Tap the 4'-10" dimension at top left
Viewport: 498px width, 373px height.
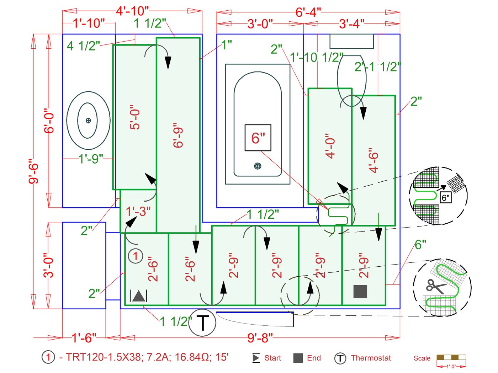click(132, 11)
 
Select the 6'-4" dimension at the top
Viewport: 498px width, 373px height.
click(308, 12)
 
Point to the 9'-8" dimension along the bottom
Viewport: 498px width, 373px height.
click(260, 338)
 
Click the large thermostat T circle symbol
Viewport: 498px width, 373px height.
click(202, 323)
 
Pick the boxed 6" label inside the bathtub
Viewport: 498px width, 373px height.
click(258, 138)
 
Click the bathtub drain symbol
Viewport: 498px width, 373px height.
click(258, 166)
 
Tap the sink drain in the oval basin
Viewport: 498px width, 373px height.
click(88, 121)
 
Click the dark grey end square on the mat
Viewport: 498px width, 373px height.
click(360, 292)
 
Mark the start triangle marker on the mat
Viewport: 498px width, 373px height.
click(139, 296)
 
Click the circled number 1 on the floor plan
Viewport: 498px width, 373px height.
click(135, 256)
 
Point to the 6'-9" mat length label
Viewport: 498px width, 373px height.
click(178, 135)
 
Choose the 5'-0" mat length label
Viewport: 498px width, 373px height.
click(135, 117)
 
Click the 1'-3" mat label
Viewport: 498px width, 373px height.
click(138, 212)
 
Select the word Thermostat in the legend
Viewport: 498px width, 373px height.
click(371, 358)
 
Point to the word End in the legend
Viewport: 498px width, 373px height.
click(314, 358)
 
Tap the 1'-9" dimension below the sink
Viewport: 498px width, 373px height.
click(91, 159)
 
